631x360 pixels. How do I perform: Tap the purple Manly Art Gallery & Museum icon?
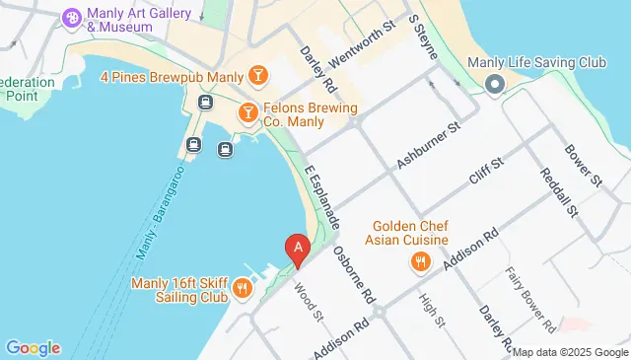tap(72, 18)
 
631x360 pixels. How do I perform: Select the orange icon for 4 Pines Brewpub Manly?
tap(257, 75)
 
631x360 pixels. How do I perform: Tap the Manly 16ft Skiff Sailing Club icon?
tap(242, 288)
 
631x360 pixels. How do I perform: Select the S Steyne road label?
tap(422, 36)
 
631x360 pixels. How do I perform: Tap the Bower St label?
tap(583, 167)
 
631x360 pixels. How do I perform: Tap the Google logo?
tap(33, 348)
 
